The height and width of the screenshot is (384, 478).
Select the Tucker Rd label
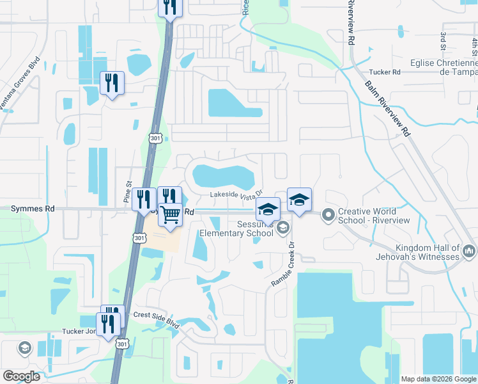point(387,72)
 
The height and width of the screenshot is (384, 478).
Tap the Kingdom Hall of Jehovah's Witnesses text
point(427,252)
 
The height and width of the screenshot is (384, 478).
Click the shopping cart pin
point(170,214)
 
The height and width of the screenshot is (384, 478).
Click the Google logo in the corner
point(21,376)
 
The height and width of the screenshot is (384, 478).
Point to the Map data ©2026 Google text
point(438,379)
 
